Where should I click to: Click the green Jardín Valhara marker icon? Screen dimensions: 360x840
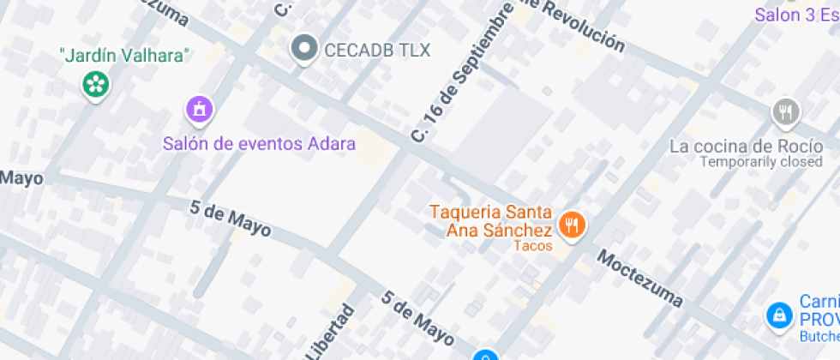pos(96,84)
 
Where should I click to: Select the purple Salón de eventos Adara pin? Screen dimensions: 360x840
pos(199,110)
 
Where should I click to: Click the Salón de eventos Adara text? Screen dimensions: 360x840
pos(259,143)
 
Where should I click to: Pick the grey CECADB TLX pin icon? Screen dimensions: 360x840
pos(303,50)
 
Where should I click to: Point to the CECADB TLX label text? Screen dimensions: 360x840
pos(377,50)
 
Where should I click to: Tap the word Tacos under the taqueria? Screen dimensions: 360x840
pos(532,246)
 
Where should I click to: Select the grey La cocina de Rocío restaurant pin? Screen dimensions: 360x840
pos(785,111)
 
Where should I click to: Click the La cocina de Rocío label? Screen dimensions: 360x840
pos(745,146)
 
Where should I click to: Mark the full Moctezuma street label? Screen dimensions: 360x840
pos(640,279)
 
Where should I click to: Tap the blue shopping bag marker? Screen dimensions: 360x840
pos(778,315)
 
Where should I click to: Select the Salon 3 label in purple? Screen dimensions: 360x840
pos(795,15)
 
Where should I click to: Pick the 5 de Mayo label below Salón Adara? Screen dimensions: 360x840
pos(231,219)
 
